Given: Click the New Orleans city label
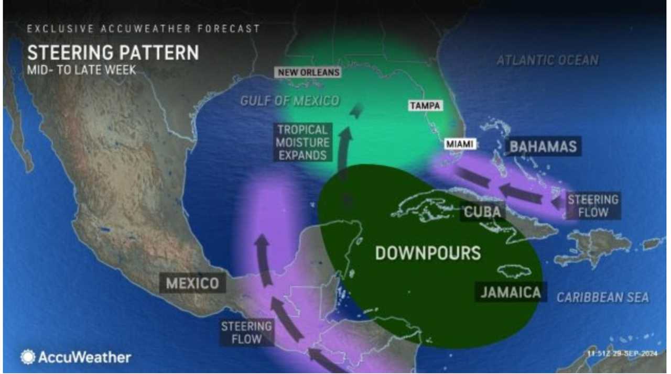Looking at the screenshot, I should (x=309, y=72).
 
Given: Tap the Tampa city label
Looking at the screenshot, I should (x=425, y=106).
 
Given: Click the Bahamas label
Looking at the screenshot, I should (x=543, y=146).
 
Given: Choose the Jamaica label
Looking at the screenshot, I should (x=511, y=292).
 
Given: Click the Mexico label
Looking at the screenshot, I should (x=192, y=283).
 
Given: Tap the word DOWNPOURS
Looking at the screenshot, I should (x=428, y=253).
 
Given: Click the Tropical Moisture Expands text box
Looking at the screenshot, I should (x=303, y=142).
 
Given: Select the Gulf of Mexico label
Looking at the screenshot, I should (x=290, y=101).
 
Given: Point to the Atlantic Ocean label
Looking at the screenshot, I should (x=547, y=60).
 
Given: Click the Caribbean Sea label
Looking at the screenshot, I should (x=602, y=298).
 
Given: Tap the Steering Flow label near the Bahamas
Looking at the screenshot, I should (x=593, y=206).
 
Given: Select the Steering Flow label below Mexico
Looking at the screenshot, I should (x=246, y=333).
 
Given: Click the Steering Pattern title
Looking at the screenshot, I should (x=113, y=53).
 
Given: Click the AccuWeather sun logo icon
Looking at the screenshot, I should (x=27, y=357).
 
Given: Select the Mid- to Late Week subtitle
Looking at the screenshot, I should (x=81, y=70).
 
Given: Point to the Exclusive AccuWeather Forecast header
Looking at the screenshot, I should (x=143, y=29).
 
